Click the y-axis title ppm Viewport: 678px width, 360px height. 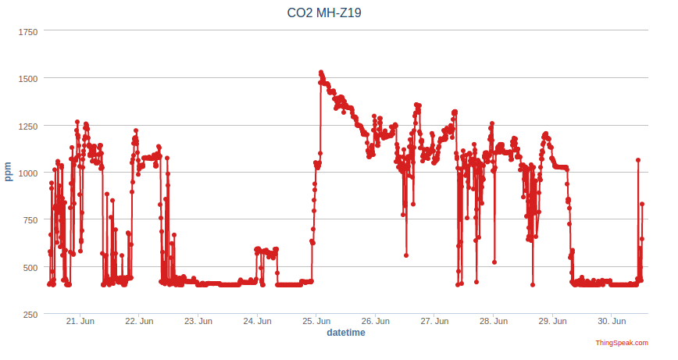coord(9,172)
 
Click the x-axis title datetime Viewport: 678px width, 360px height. coord(345,333)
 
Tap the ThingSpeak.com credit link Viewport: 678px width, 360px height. coord(622,343)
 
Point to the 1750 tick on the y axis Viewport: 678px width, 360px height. coord(27,31)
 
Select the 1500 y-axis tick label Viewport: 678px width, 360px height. coord(27,78)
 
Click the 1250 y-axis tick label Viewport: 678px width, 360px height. coord(27,126)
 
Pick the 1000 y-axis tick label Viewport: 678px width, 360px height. coord(27,173)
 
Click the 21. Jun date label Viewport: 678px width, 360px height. coord(80,321)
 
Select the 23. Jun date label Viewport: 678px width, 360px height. coord(198,321)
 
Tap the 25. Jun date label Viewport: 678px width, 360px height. coord(316,321)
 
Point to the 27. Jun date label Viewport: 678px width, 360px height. coord(434,321)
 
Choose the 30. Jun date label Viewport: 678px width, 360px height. coord(612,321)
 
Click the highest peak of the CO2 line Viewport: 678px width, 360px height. coord(321,73)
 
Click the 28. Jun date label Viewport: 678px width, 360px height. coord(494,321)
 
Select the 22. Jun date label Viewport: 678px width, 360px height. coord(140,321)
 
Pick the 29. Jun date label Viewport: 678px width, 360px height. coord(552,321)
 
